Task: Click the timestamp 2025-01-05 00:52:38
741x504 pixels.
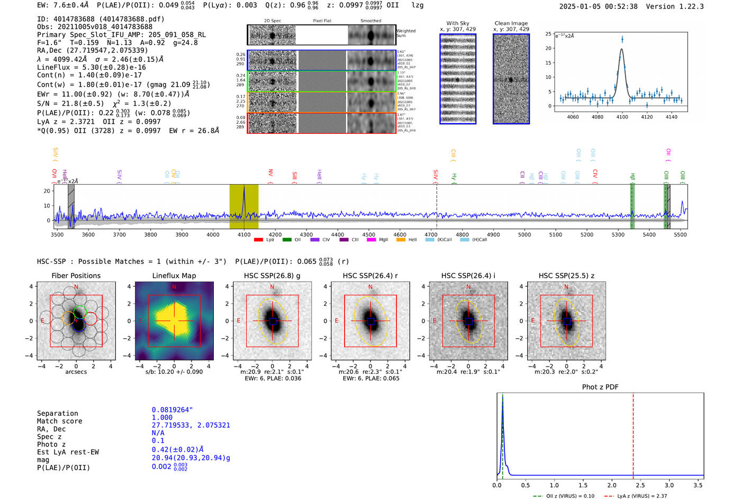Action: [598, 6]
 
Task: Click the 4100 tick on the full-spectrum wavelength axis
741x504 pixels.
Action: [244, 234]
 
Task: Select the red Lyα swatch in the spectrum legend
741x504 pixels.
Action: [258, 240]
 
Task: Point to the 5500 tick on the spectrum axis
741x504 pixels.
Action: [680, 234]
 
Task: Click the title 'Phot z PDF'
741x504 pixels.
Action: [600, 387]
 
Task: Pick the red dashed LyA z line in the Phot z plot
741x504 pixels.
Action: [633, 434]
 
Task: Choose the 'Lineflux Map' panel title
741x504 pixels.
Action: [174, 276]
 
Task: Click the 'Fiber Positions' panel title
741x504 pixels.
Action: [76, 276]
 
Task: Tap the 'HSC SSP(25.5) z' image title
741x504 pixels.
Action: [566, 276]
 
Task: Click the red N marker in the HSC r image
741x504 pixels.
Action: [370, 287]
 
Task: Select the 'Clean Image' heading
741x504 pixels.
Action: [511, 23]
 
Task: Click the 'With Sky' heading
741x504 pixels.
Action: [457, 23]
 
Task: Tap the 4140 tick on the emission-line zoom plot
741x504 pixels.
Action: [671, 117]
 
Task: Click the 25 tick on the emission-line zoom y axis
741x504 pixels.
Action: [548, 34]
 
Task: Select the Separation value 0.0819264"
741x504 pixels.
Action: [172, 410]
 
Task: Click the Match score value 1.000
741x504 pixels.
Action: [162, 418]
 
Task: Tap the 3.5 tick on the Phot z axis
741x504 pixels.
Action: [698, 485]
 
